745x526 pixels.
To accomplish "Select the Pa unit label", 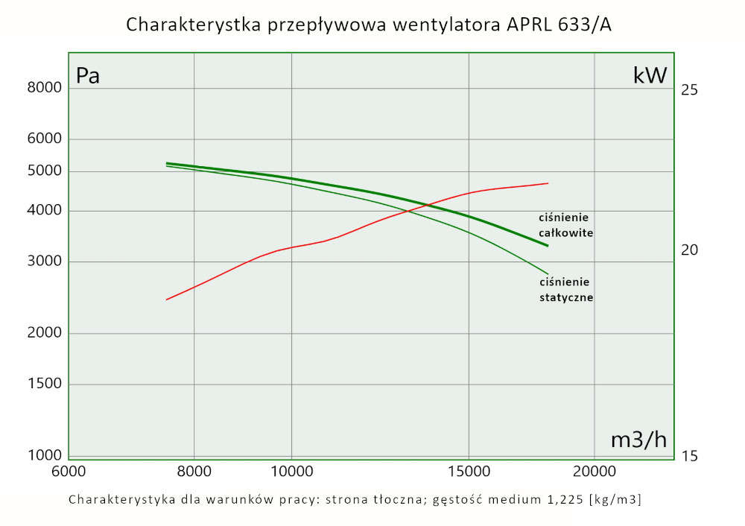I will [88, 75].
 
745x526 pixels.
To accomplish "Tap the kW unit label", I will [650, 75].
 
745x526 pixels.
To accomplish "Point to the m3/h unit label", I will [638, 440].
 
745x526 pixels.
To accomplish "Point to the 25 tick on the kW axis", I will [689, 90].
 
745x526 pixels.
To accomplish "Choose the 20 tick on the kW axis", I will [689, 250].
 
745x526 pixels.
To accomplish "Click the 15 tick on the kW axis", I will [689, 456].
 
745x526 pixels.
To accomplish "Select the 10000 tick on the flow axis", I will [291, 472].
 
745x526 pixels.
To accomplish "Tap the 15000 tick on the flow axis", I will [469, 472].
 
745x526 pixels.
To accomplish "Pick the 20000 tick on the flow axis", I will [594, 472].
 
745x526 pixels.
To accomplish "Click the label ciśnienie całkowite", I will [565, 225].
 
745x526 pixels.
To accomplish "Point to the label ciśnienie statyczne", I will [565, 289].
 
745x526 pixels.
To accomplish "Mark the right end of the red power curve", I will [548, 183].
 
